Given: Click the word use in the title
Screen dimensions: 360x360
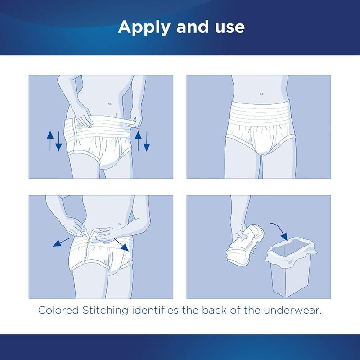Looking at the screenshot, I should pos(228,27).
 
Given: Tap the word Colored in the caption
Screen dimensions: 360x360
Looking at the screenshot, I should pos(57,310).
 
